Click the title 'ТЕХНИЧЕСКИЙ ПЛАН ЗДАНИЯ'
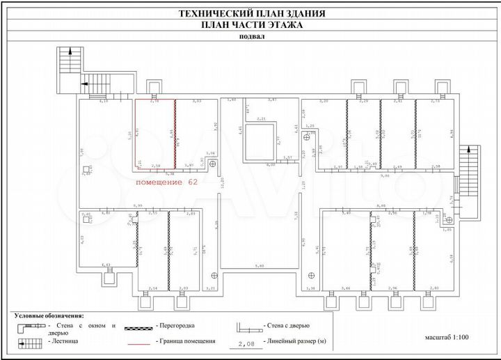[251, 13]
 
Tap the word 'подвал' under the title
[251, 38]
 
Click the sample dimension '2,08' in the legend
[246, 343]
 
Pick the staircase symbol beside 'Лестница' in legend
[29, 342]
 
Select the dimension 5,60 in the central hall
[260, 267]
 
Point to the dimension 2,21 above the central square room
[262, 120]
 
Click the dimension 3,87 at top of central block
[272, 101]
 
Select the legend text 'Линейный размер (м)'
[293, 343]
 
